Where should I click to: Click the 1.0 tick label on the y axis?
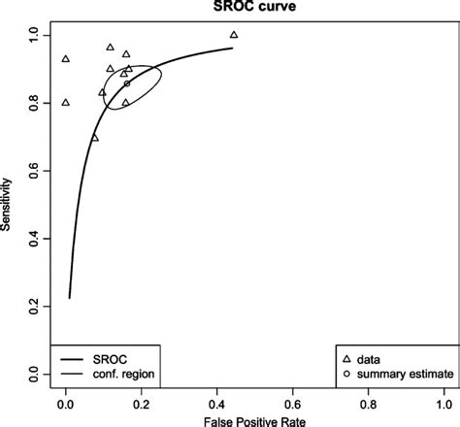point(36,35)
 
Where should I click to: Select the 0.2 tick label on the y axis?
point(36,307)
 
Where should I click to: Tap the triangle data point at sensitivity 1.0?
point(234,35)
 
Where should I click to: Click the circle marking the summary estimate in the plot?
point(126,83)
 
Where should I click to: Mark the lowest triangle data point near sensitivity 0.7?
point(94,138)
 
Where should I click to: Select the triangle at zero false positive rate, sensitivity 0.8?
point(65,102)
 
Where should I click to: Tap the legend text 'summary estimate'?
point(400,374)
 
